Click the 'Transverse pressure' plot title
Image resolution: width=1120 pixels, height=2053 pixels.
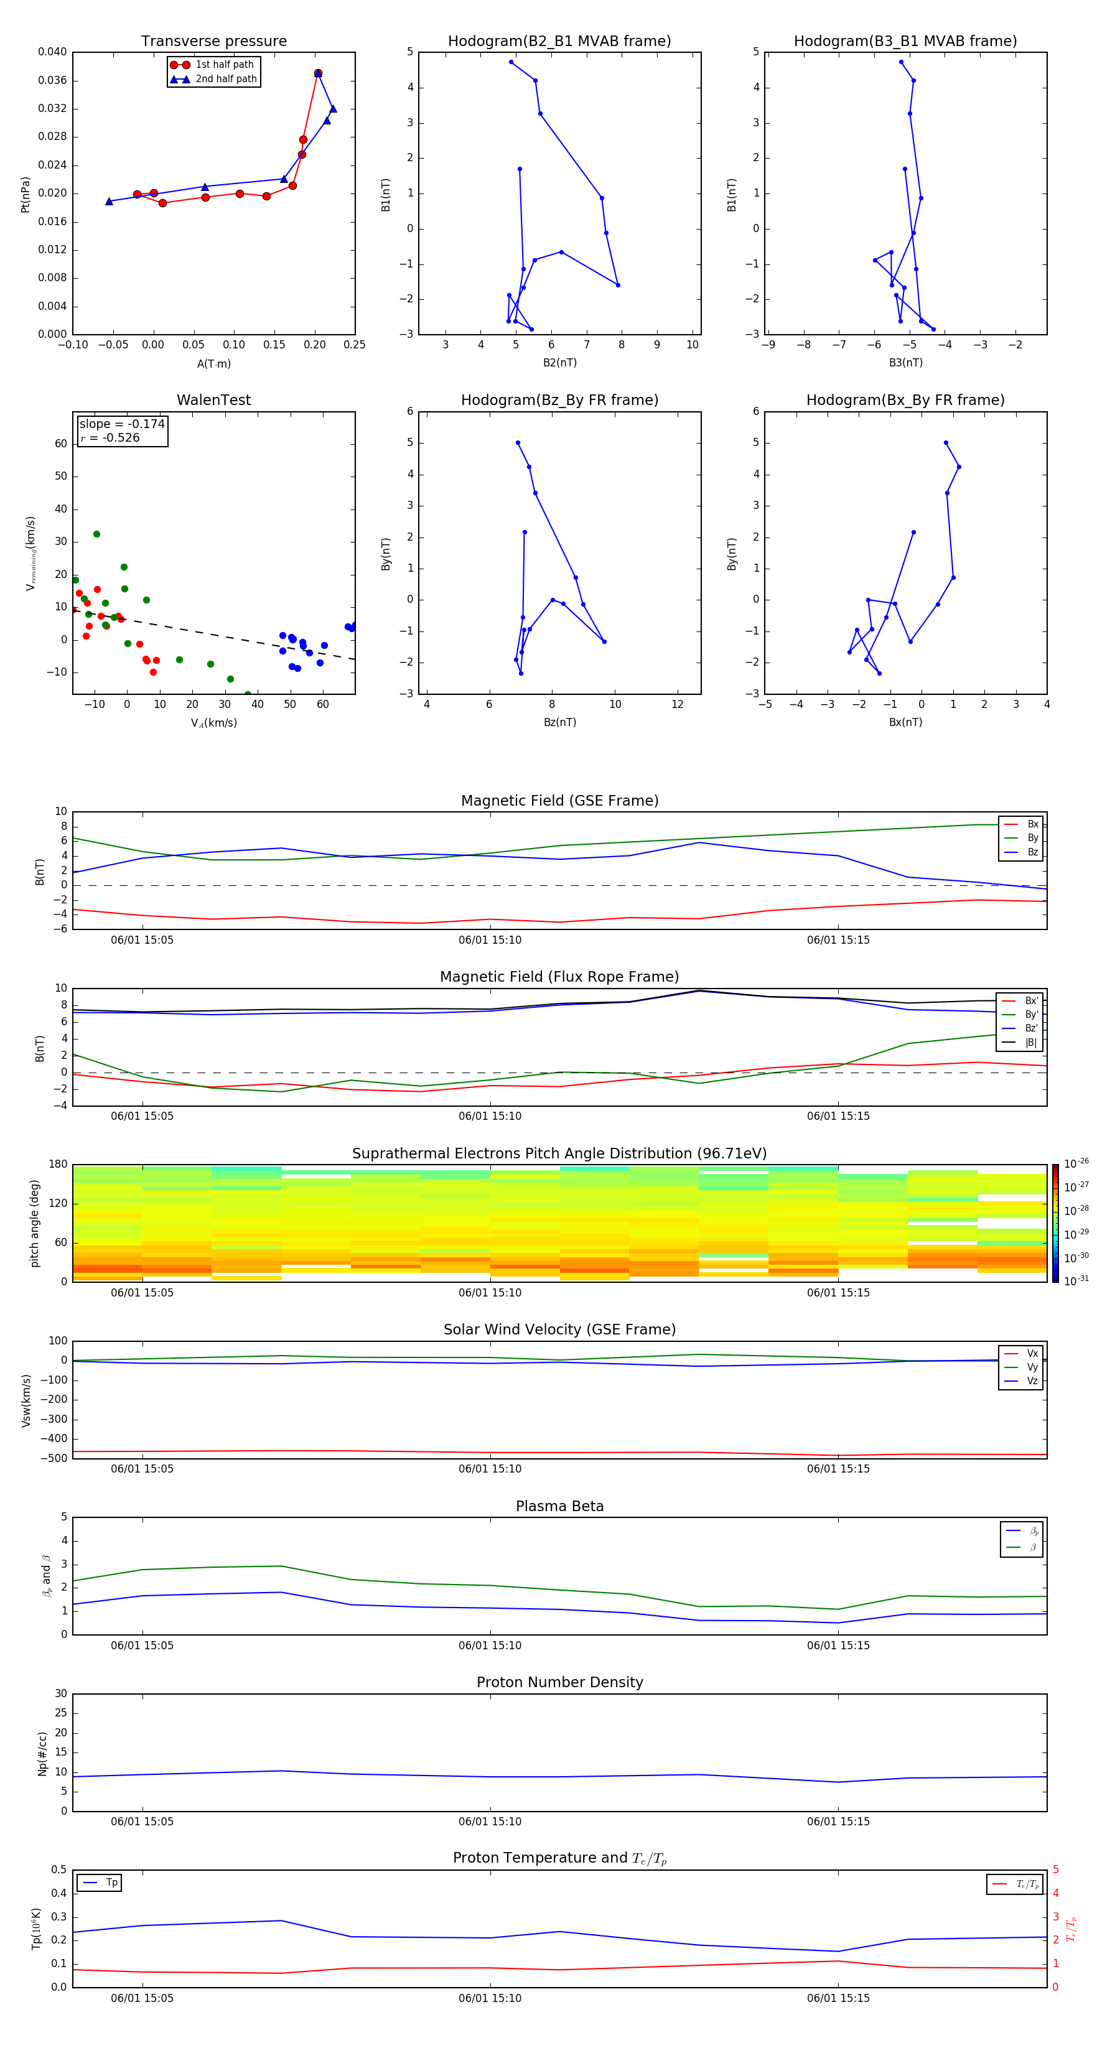(213, 42)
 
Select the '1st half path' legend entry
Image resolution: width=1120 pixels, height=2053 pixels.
(224, 65)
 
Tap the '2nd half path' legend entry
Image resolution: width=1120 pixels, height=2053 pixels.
(226, 79)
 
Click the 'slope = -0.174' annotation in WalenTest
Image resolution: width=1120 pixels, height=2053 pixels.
(122, 424)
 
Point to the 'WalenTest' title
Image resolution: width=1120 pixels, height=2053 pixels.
(213, 400)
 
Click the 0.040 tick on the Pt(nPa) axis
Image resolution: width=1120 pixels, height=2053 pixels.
(53, 52)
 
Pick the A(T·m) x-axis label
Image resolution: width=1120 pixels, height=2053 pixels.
(213, 363)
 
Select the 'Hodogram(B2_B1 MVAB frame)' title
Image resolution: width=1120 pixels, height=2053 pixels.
(559, 42)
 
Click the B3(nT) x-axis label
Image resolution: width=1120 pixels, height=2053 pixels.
(905, 363)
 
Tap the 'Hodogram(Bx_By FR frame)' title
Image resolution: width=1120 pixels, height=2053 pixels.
(905, 400)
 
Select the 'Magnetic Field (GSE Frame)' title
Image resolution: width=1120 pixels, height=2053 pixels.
(559, 801)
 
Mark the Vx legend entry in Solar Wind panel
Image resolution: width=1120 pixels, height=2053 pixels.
(1032, 1353)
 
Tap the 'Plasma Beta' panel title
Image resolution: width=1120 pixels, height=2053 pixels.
(559, 1506)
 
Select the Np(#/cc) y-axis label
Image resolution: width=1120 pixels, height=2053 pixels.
(43, 1753)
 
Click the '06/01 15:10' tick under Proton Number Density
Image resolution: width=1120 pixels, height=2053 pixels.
(490, 1821)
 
